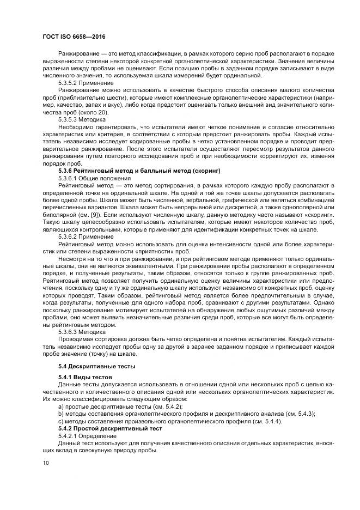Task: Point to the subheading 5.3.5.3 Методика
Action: (x=79, y=119)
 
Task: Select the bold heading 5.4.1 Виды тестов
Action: (x=85, y=377)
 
